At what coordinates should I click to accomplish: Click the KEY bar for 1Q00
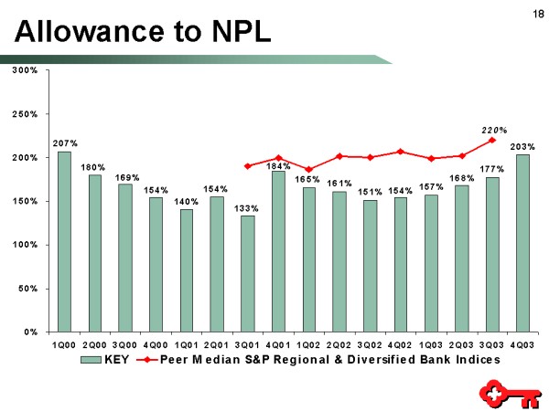[64, 241]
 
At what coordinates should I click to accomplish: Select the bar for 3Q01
[247, 273]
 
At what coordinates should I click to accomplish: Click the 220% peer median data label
[495, 130]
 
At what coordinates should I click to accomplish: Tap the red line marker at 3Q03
[492, 140]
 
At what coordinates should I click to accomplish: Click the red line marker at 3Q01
[248, 166]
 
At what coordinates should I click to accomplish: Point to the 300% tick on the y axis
[25, 70]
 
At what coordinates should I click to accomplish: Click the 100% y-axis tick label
[25, 245]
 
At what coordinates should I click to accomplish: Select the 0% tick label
[30, 332]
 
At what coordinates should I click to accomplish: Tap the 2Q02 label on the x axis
[339, 344]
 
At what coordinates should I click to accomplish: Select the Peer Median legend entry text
[330, 360]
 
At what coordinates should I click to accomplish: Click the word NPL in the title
[229, 33]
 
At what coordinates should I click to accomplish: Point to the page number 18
[533, 13]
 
